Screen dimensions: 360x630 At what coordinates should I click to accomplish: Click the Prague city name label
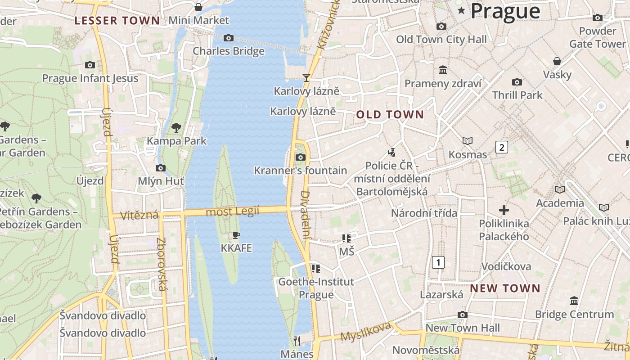coord(505,11)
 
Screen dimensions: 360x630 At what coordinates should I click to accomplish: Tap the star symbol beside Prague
coord(461,10)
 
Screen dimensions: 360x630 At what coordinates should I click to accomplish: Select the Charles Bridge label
coord(229,51)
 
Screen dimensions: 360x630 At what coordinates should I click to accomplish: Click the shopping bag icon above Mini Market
coord(198,7)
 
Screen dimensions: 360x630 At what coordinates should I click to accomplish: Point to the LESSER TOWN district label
coord(117,20)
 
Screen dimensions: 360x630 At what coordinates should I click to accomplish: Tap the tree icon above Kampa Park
coord(176,128)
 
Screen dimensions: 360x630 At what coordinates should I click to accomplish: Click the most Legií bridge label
coord(232,211)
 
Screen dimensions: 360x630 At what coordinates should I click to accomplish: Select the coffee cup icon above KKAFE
coord(236,235)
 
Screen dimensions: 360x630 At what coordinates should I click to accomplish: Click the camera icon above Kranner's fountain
coord(300,157)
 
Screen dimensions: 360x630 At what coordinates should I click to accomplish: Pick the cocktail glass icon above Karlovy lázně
coord(306,77)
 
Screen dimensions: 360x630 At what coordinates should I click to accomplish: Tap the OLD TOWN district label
coord(390,115)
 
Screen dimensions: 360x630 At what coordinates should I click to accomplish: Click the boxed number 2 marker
coord(502,147)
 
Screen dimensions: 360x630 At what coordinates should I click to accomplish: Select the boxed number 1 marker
coord(438,262)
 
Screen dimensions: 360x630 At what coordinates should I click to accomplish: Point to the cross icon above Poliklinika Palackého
coord(504,210)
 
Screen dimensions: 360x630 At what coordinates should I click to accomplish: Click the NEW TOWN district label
coord(505,288)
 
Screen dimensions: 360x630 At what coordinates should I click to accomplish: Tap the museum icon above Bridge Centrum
coord(574,301)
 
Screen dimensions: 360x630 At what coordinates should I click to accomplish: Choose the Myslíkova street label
coord(365,332)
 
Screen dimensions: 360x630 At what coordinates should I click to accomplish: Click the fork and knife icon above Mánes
coord(297,341)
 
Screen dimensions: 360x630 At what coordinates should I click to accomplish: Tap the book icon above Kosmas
coord(468,141)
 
